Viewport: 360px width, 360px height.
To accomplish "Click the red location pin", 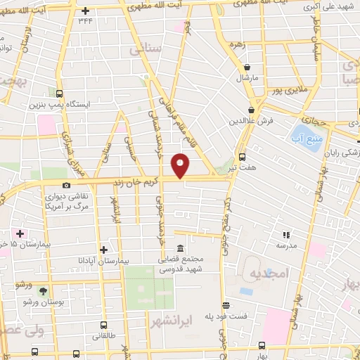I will coord(181,165).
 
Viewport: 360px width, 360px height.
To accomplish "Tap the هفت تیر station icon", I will coord(242,157).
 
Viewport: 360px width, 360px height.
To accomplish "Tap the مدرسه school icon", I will coord(285,235).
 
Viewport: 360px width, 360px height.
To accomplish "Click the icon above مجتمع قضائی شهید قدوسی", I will coord(181,249).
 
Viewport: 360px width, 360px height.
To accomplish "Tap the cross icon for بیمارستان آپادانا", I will coord(104,249).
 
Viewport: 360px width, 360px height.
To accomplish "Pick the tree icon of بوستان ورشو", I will coord(45,290).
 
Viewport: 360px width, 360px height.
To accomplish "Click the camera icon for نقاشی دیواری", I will coord(66,186).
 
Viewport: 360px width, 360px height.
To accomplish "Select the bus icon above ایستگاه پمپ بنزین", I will coord(59,93).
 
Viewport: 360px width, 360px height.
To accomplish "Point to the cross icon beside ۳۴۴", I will coord(86,11).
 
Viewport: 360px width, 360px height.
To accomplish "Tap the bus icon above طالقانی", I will coord(104,325).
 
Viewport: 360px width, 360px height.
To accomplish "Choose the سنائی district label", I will coord(146,51).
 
